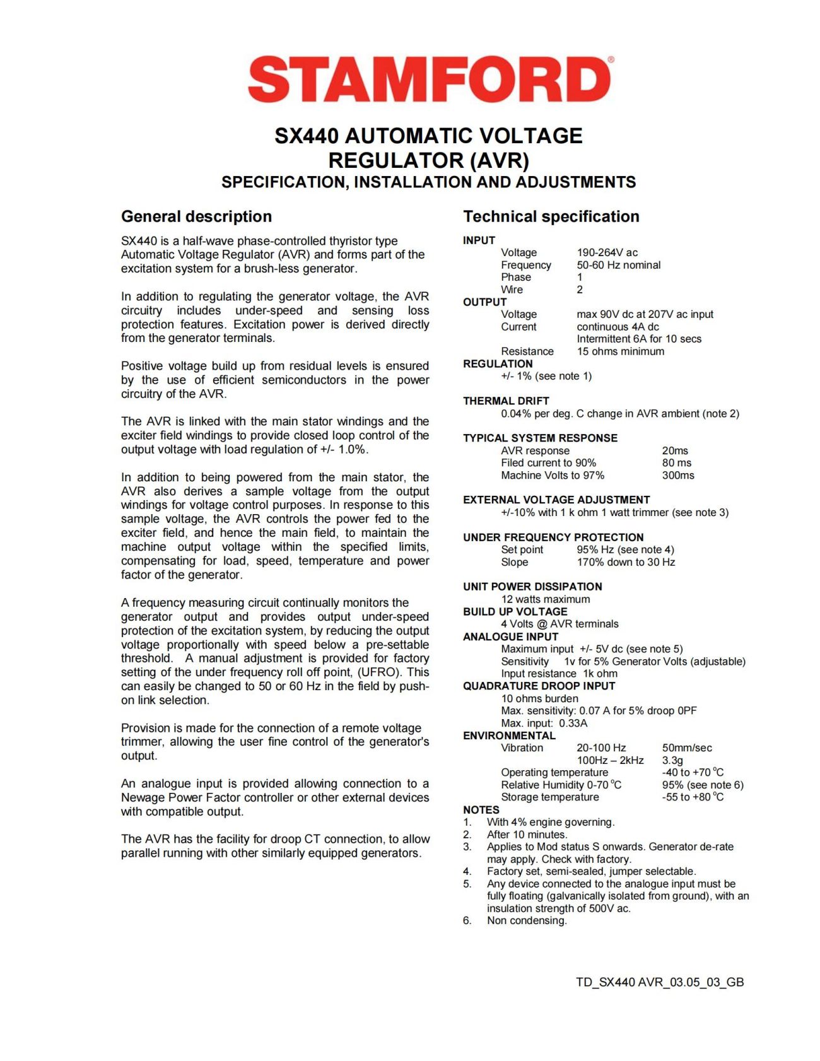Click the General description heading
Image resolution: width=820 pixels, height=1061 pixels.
click(196, 216)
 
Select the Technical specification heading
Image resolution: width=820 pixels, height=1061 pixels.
click(551, 216)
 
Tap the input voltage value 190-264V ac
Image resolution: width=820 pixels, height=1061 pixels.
click(607, 252)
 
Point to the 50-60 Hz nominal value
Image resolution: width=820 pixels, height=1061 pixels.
click(618, 265)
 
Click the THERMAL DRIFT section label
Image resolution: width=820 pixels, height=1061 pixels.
click(506, 401)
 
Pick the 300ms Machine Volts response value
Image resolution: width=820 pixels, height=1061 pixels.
click(677, 475)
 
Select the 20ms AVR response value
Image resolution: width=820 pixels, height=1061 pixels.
click(675, 450)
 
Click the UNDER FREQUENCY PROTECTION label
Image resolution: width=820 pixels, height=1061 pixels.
click(553, 537)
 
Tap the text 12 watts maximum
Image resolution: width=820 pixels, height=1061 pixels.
click(545, 599)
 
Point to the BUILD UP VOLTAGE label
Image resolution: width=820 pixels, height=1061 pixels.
click(515, 611)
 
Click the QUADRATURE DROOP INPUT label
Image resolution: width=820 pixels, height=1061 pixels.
click(539, 686)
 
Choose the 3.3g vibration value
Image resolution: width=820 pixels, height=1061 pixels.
click(672, 760)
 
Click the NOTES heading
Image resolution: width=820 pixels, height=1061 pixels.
click(481, 809)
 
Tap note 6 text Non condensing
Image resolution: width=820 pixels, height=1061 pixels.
click(527, 920)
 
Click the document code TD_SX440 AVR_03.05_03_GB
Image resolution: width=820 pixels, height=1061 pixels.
click(659, 982)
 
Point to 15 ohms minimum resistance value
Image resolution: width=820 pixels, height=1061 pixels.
click(620, 351)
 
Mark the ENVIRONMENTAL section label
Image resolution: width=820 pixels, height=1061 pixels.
click(509, 736)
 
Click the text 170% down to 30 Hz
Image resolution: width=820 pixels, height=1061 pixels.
click(625, 562)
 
